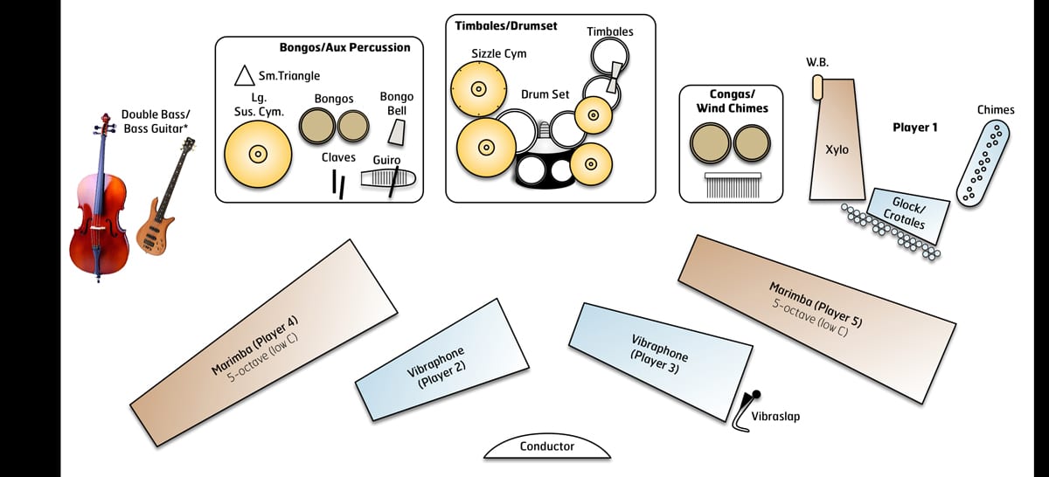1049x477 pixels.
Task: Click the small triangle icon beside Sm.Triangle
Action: pyautogui.click(x=244, y=75)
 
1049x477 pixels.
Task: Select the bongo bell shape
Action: pyautogui.click(x=396, y=132)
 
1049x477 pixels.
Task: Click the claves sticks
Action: pyautogui.click(x=338, y=183)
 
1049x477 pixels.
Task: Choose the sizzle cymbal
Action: pyautogui.click(x=478, y=89)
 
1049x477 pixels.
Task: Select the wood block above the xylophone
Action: pyautogui.click(x=818, y=86)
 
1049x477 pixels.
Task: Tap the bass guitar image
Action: pyautogui.click(x=162, y=205)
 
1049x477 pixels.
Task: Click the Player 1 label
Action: pyautogui.click(x=914, y=128)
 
